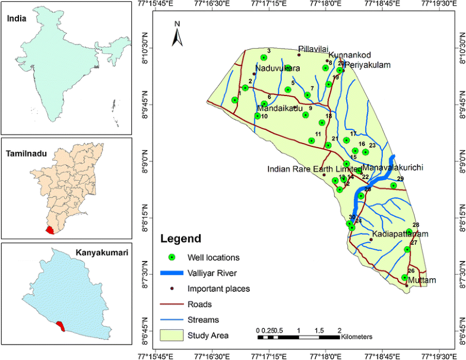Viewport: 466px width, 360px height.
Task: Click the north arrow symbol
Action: tap(177, 35)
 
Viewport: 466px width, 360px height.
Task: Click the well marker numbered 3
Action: tap(264, 58)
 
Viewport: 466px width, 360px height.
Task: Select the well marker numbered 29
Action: tap(393, 186)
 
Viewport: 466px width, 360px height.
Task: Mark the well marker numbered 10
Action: tap(258, 116)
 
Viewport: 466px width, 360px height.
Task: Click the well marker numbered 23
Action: tap(366, 152)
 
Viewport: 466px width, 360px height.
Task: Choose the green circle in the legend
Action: tap(172, 257)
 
